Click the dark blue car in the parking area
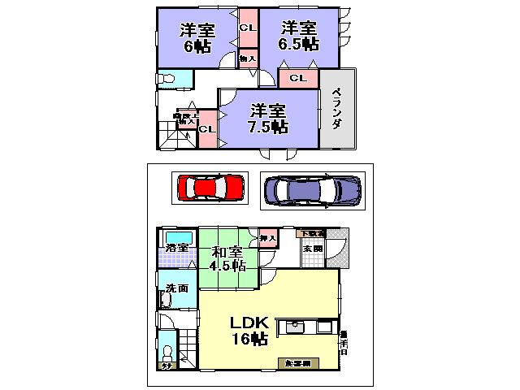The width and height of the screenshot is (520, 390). click(312, 190)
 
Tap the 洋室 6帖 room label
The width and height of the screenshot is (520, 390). click(197, 36)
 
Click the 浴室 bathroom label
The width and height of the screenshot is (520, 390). click(176, 248)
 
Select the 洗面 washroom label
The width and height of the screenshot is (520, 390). click(176, 288)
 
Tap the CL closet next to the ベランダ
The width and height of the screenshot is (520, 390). click(297, 78)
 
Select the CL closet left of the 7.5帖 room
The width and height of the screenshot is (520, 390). click(207, 128)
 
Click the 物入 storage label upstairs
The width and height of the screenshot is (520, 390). click(247, 58)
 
